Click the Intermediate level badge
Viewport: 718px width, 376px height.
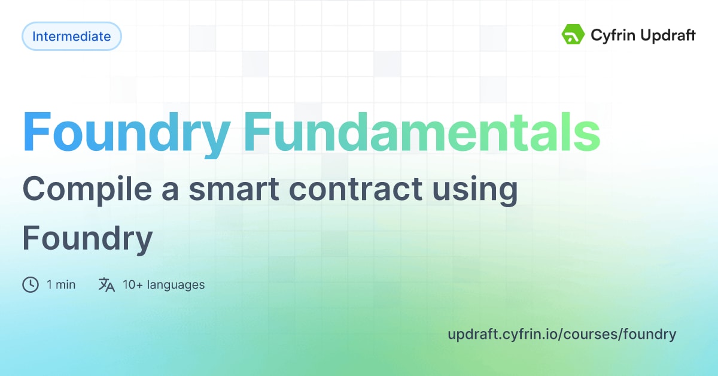pos(71,36)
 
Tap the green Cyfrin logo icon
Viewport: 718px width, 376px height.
pos(573,35)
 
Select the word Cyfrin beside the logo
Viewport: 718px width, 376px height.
pos(611,35)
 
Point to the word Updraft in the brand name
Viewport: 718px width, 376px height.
pos(667,35)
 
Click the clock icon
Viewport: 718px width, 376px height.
pos(31,284)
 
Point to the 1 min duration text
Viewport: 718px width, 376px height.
pos(61,285)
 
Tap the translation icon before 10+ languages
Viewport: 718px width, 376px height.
pos(107,284)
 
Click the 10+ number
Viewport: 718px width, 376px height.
pos(133,285)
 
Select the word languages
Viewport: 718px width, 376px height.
pos(177,285)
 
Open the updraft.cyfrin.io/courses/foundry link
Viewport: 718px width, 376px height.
pos(561,334)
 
